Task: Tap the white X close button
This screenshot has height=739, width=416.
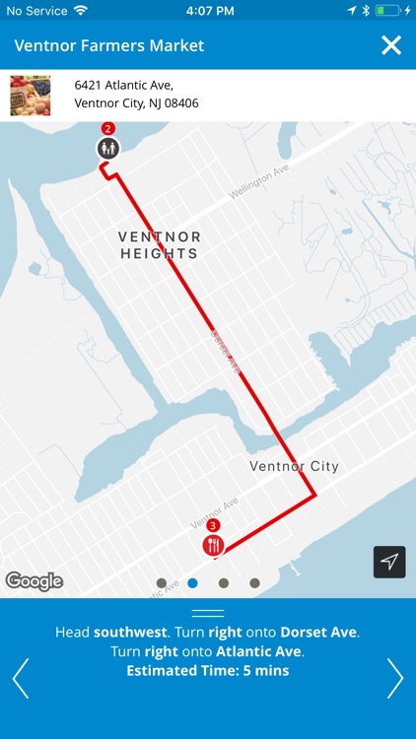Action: [391, 45]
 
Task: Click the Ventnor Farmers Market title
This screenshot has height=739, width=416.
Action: [108, 45]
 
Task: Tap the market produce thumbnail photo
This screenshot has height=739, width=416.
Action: [31, 95]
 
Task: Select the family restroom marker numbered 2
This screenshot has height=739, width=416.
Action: [108, 148]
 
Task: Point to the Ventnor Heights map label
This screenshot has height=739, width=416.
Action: [159, 245]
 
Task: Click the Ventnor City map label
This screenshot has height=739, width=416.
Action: [294, 466]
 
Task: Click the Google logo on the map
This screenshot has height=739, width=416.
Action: [35, 581]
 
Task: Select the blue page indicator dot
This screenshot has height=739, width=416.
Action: [192, 583]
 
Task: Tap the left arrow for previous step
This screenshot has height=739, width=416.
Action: [20, 678]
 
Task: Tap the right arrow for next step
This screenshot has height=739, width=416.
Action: [395, 678]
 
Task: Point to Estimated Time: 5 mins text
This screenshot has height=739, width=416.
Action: [208, 671]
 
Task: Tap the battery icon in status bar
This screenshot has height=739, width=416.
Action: [388, 10]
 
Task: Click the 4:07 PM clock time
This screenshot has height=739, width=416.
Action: [208, 10]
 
